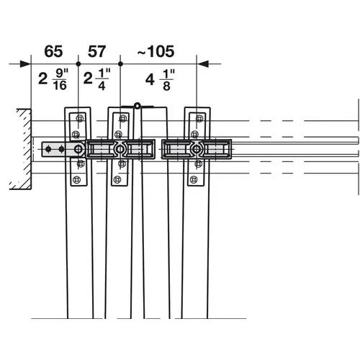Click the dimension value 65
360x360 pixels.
coord(53,51)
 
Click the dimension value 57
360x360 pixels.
coord(97,51)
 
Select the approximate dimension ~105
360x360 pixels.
coord(156,51)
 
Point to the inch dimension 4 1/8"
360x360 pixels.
coord(160,78)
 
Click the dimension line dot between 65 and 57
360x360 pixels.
coord(78,63)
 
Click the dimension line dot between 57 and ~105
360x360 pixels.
coord(119,63)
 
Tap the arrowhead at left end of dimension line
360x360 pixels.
coord(14,63)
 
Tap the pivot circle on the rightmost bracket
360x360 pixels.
coord(196,149)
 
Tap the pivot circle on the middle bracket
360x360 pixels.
coord(120,149)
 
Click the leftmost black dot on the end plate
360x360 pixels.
coord(49,149)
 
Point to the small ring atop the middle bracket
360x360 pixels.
coord(135,106)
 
